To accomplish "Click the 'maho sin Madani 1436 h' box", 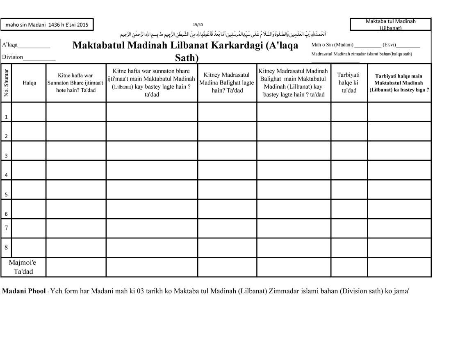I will coord(47,25).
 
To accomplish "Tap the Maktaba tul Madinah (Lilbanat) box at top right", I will coord(390,25).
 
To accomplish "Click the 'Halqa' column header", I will coord(29,83).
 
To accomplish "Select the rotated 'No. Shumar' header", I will coord(7,83).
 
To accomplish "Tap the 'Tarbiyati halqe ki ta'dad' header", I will coord(349,83).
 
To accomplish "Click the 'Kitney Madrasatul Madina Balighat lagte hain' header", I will coord(227,83).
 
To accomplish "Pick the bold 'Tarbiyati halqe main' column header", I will coord(399,83).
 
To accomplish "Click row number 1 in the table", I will coord(7,117).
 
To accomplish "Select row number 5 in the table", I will coord(7,194).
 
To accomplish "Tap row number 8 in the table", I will coord(7,247).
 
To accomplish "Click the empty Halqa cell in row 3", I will coord(29,151).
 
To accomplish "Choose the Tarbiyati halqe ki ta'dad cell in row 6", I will coord(349,209).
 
